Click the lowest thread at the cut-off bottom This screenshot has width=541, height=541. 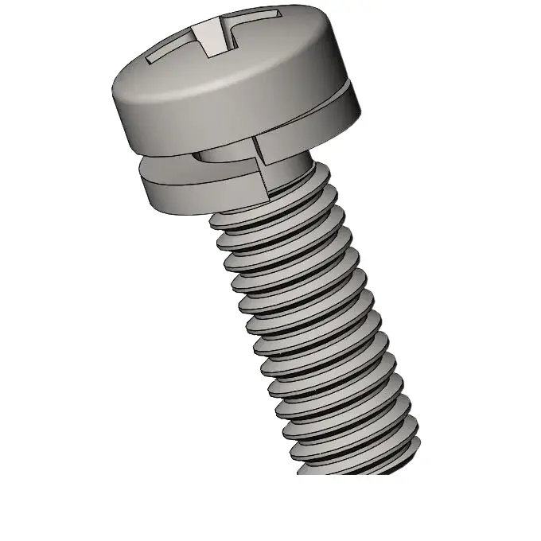[358, 465]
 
